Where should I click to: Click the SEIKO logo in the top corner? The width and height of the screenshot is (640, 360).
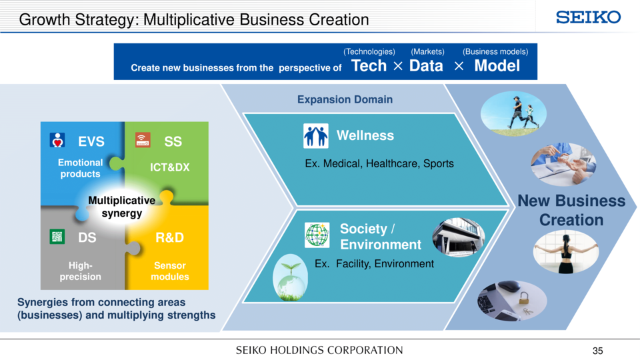(x=588, y=17)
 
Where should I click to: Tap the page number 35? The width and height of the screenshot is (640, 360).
(x=597, y=351)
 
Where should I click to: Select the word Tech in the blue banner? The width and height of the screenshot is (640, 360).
(x=369, y=66)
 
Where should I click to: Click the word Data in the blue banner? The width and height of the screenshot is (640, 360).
(x=426, y=66)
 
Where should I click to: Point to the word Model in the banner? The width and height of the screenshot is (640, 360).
(x=497, y=66)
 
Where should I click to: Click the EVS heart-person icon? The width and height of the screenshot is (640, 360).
(x=57, y=140)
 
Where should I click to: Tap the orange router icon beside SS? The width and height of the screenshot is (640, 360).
(x=143, y=140)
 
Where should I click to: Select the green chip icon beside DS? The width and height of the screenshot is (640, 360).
(x=57, y=236)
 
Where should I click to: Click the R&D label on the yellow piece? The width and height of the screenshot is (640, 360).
(x=169, y=237)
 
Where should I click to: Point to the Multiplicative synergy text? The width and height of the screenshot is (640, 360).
(x=121, y=207)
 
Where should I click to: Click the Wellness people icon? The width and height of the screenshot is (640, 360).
(x=316, y=135)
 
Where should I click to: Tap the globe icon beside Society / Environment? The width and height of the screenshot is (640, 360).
(x=317, y=235)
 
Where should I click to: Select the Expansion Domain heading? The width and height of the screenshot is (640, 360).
(x=345, y=99)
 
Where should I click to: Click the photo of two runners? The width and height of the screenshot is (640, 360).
(x=513, y=113)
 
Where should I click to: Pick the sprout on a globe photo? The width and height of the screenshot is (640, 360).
(x=290, y=277)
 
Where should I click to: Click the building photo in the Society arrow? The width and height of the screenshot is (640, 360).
(x=459, y=237)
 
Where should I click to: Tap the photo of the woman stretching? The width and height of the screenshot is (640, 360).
(x=566, y=251)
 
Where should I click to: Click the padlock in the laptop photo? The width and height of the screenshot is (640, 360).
(x=523, y=299)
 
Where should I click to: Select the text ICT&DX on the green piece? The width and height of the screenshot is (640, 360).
(x=170, y=167)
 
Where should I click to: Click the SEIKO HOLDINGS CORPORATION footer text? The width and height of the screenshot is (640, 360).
(x=319, y=350)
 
